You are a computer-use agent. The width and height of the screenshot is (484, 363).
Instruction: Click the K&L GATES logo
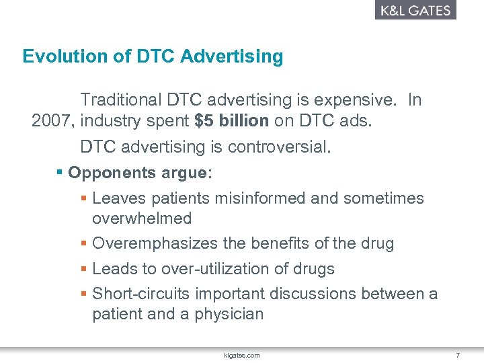pyautogui.click(x=415, y=10)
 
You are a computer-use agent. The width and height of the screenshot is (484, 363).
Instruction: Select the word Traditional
pyautogui.click(x=121, y=100)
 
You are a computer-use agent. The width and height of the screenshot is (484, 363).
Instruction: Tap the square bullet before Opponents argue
pyautogui.click(x=60, y=173)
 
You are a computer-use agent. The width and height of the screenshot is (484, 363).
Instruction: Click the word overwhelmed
pyautogui.click(x=142, y=218)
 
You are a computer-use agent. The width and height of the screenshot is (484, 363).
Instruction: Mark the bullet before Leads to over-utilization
pyautogui.click(x=83, y=269)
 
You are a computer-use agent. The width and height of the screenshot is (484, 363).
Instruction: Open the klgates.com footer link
pyautogui.click(x=243, y=355)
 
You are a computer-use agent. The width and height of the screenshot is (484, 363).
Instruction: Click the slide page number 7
pyautogui.click(x=457, y=355)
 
